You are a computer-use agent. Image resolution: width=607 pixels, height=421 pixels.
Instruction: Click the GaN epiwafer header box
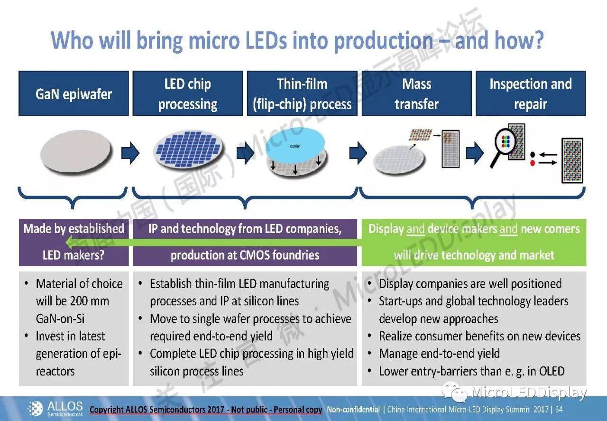point(74,94)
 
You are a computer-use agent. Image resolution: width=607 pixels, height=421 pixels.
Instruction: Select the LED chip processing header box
point(187,94)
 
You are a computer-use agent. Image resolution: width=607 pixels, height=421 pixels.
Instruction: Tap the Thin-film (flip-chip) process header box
point(302,94)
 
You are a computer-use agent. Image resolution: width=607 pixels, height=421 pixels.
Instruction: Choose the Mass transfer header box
point(416,94)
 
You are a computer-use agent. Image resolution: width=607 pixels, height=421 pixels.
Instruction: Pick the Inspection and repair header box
point(531,94)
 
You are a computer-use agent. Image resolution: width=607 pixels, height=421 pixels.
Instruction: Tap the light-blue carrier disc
point(295,146)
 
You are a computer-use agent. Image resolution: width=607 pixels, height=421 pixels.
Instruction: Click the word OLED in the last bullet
point(549,371)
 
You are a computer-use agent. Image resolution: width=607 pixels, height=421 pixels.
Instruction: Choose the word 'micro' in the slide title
point(209,40)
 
